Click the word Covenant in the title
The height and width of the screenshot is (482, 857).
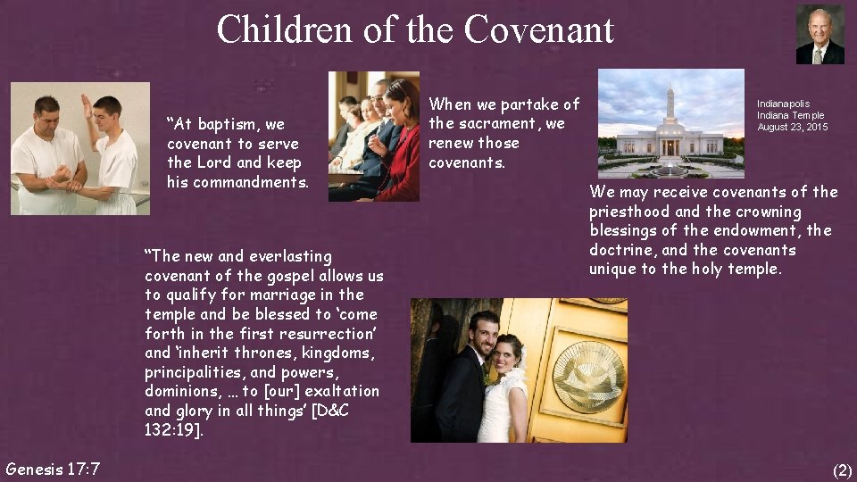pyautogui.click(x=537, y=29)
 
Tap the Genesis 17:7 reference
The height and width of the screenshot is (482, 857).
pyautogui.click(x=53, y=469)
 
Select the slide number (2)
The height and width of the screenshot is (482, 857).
pyautogui.click(x=841, y=470)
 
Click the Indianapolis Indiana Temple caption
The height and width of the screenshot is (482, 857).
pyautogui.click(x=790, y=110)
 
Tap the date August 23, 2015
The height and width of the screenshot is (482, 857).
pyautogui.click(x=792, y=127)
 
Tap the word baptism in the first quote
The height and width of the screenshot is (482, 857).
pyautogui.click(x=226, y=124)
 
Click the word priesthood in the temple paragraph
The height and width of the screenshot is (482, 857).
pyautogui.click(x=629, y=212)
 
